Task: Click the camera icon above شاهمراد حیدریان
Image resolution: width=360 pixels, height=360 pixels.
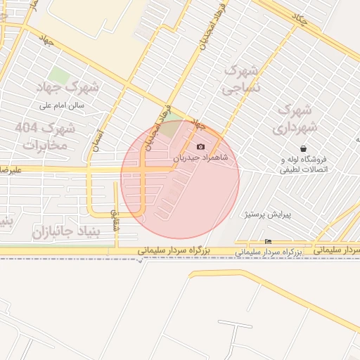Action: click(x=201, y=147)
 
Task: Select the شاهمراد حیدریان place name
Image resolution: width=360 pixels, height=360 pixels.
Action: click(x=205, y=158)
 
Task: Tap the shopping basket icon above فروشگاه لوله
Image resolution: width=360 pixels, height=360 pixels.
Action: click(x=303, y=149)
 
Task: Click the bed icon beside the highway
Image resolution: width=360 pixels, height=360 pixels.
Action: click(x=268, y=243)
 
